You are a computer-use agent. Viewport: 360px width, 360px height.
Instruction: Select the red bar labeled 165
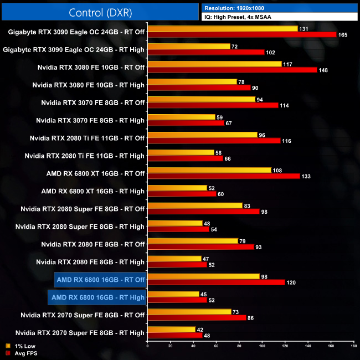(x=242, y=34)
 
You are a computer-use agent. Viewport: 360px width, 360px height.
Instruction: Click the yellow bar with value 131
(x=222, y=28)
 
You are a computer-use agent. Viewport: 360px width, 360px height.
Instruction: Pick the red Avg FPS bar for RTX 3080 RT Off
(x=232, y=70)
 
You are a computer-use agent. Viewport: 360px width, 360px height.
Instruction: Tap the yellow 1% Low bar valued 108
(x=209, y=170)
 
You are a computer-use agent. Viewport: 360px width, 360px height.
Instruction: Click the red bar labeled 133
(x=224, y=176)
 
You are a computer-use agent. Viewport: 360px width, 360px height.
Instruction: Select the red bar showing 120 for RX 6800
(x=216, y=282)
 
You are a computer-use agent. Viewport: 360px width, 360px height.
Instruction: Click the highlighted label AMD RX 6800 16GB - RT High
(x=97, y=297)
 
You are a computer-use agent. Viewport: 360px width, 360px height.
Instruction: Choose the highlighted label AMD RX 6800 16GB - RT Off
(x=100, y=280)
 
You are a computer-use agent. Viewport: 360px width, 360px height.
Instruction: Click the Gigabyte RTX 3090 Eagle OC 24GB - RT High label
(x=74, y=49)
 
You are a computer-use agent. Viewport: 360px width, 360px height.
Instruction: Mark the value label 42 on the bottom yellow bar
(x=200, y=329)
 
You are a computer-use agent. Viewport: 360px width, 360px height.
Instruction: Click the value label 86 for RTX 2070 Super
(x=250, y=318)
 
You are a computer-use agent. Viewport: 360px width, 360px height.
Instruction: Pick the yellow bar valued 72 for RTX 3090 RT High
(x=188, y=46)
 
